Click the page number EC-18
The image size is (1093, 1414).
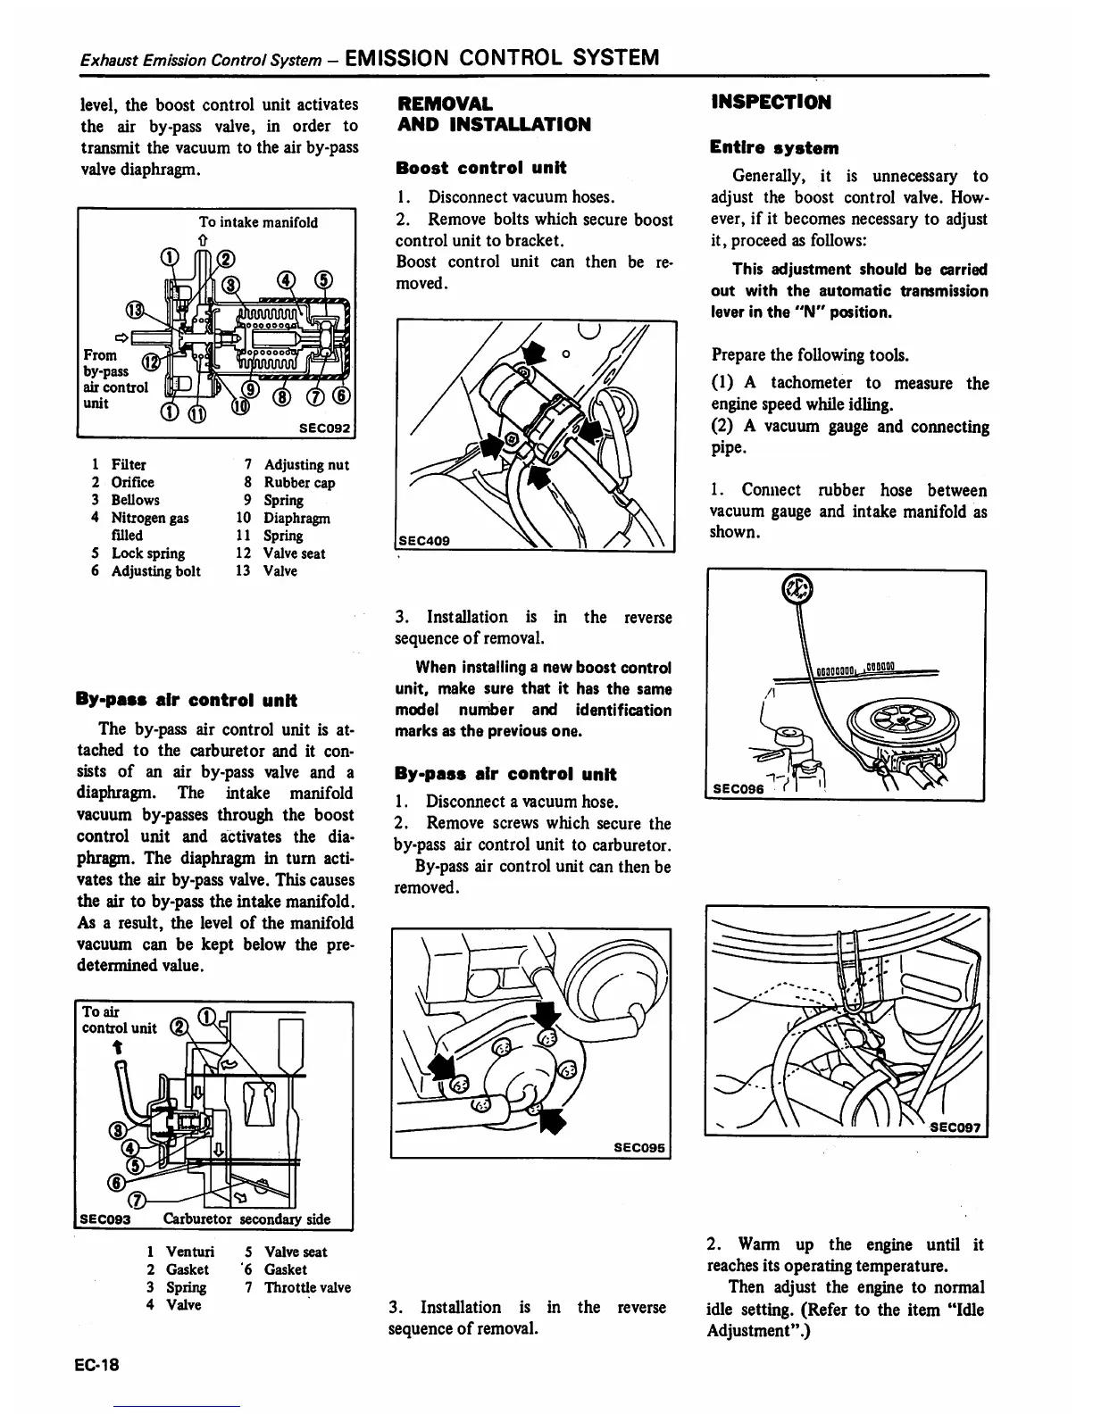tap(97, 1366)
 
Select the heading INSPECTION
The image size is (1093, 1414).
tap(771, 102)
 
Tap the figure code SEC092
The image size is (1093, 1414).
tap(327, 428)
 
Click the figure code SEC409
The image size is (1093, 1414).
tap(425, 541)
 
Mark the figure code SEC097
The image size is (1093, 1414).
tap(954, 1126)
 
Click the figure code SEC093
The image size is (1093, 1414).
tap(105, 1219)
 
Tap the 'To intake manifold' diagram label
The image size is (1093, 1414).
tap(258, 221)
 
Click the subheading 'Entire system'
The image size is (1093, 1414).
tap(774, 147)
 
